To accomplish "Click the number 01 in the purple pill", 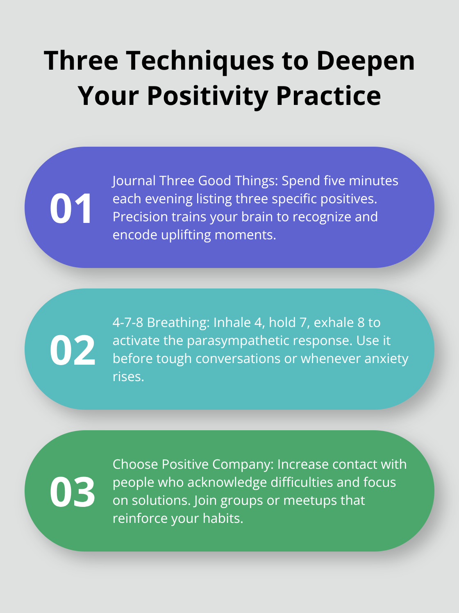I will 71,209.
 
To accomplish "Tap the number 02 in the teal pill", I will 73,350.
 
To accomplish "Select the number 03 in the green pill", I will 73,492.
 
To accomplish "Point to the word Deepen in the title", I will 366,61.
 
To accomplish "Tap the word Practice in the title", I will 328,96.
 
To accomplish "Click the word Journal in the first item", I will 134,181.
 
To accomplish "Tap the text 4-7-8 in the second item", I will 128,322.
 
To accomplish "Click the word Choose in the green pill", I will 135,464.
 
